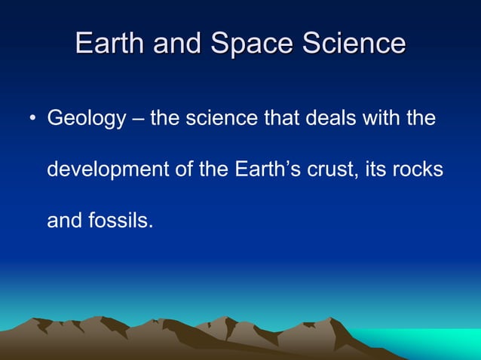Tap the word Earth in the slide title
[110, 43]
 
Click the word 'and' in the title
[179, 43]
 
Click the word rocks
[418, 169]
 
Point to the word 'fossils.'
[121, 221]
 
